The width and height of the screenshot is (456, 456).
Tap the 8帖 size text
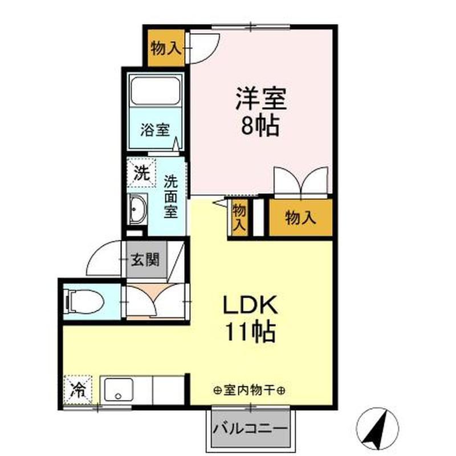click(x=260, y=126)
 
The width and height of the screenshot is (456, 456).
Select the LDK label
click(x=249, y=306)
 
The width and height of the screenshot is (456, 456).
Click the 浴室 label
click(x=154, y=129)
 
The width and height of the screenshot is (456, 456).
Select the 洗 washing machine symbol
click(x=140, y=173)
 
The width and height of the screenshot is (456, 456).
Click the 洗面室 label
click(x=170, y=197)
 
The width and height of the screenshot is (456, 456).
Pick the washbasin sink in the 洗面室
click(x=137, y=211)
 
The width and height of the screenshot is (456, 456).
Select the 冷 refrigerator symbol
click(x=78, y=390)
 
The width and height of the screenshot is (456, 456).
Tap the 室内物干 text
click(x=250, y=391)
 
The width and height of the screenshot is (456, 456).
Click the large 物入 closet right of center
click(x=300, y=217)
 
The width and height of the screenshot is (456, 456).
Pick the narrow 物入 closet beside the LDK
click(x=239, y=217)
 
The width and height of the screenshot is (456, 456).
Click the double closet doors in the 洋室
click(x=301, y=181)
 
